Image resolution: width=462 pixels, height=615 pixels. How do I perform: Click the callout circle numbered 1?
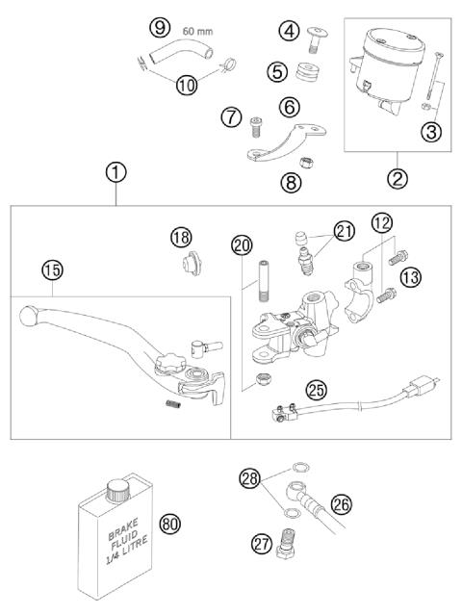(115, 173)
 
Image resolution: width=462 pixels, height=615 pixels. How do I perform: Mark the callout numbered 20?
(241, 244)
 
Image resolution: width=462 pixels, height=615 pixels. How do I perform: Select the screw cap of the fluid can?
(118, 485)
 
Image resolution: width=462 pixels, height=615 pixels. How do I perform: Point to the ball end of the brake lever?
(26, 315)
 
